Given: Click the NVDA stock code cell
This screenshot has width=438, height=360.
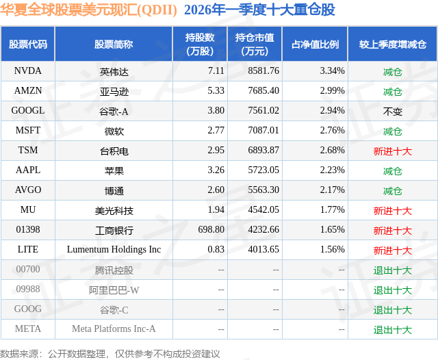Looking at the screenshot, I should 28,71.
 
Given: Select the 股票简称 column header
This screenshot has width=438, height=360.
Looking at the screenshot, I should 114,44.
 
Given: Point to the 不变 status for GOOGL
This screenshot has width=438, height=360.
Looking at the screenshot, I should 392,111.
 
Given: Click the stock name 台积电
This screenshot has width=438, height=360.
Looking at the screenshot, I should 114,151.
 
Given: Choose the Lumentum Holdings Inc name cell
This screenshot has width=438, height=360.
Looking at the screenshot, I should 114,250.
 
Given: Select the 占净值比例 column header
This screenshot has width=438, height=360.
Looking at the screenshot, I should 315,44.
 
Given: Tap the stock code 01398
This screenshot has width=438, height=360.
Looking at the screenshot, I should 28,230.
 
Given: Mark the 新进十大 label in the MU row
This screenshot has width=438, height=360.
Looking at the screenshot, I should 392,211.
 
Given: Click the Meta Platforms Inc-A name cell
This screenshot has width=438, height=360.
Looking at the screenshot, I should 114,329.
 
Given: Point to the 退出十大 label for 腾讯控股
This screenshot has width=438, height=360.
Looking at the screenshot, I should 392,270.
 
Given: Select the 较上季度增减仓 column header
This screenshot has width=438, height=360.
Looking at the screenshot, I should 392,44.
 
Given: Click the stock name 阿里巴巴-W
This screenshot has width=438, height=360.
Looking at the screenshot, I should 114,290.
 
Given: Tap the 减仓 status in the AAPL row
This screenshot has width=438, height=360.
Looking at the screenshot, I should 392,171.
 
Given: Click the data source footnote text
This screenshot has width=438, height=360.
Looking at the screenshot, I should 110,353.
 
